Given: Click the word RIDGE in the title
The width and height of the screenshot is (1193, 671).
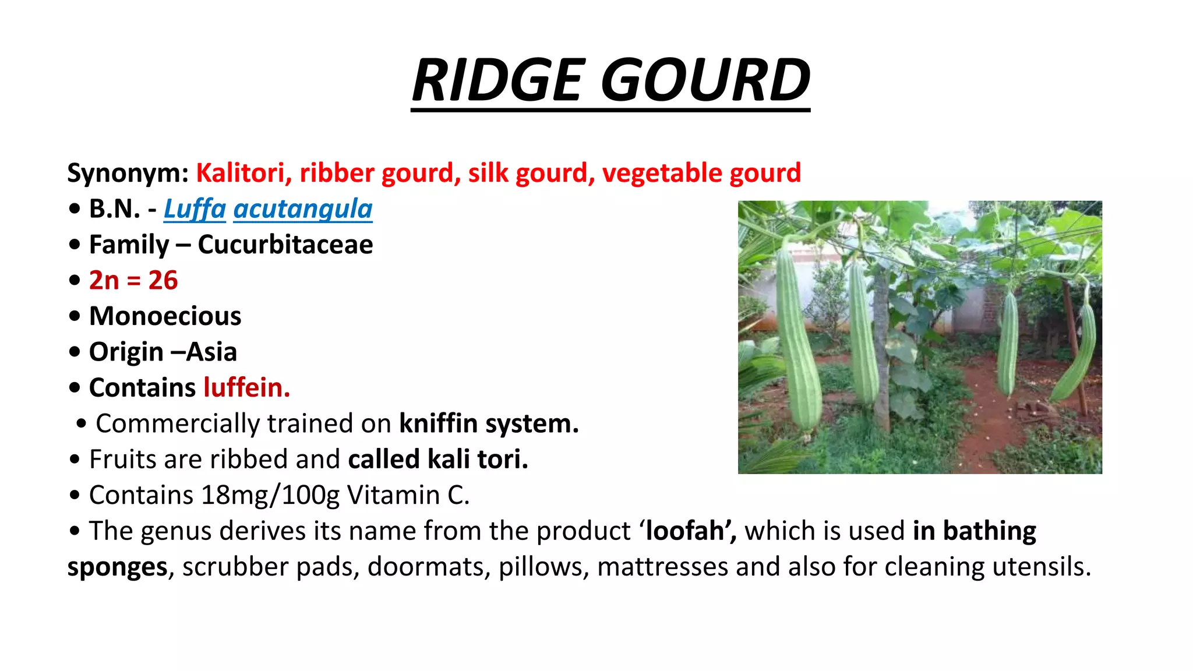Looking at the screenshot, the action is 498,80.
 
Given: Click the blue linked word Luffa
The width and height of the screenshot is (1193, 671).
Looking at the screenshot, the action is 195,209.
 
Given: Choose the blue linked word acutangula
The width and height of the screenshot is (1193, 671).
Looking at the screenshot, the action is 303,209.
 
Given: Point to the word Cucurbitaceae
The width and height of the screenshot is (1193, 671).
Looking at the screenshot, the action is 285,245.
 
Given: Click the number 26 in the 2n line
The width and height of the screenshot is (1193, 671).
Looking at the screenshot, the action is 163,280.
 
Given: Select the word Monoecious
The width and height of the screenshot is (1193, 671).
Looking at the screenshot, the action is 165,316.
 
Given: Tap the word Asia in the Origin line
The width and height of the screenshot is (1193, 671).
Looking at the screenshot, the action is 211,352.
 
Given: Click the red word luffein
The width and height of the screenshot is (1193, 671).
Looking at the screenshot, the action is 247,387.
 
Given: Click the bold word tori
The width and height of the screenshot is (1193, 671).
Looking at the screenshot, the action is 503,459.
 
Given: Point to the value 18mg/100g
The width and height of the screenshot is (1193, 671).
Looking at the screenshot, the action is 271,495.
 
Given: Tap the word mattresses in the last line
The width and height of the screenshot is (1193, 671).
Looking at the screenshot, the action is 663,567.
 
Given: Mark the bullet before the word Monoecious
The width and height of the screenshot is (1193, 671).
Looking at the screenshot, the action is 74,317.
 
